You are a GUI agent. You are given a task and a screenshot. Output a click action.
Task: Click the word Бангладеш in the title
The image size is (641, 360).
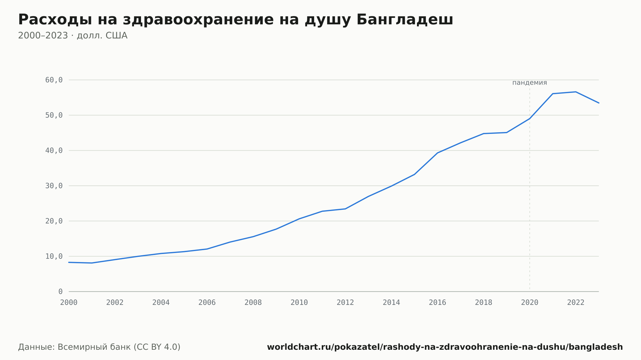(x=405, y=20)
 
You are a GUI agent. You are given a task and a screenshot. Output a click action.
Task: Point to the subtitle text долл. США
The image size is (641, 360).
(x=102, y=36)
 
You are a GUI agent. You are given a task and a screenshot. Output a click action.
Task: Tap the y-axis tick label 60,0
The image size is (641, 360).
(x=54, y=80)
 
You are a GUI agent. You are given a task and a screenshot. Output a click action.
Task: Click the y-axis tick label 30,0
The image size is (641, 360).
(x=54, y=186)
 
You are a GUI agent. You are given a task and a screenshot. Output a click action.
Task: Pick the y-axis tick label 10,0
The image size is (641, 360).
(x=54, y=256)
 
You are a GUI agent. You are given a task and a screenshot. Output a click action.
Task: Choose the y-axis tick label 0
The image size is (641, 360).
(x=61, y=291)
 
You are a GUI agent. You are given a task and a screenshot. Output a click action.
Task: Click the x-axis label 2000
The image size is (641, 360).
(x=69, y=303)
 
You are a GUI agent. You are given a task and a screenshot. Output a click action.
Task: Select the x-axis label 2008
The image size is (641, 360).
(x=253, y=303)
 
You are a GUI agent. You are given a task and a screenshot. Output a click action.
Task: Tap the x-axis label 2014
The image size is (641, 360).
(x=391, y=303)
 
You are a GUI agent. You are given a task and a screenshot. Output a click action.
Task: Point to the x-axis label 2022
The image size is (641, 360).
(x=576, y=303)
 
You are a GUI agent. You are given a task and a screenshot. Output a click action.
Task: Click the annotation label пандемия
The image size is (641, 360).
(x=529, y=83)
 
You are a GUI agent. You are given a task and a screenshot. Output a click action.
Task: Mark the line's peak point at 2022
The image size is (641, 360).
(x=576, y=92)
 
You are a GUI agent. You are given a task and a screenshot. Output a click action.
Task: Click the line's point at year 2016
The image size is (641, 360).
(x=437, y=153)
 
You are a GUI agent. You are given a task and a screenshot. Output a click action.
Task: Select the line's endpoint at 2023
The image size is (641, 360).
(x=599, y=103)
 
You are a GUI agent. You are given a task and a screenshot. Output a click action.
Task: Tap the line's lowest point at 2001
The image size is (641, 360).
(x=92, y=263)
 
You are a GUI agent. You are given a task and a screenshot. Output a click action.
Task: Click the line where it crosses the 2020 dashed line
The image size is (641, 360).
(x=530, y=119)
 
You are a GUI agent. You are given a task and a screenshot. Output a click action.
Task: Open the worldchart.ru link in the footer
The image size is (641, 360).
(x=445, y=347)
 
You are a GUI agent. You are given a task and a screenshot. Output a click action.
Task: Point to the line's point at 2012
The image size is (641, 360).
(x=345, y=209)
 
